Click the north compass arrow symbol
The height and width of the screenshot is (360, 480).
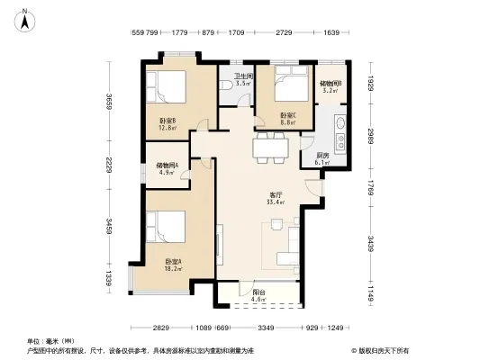click(x=27, y=15)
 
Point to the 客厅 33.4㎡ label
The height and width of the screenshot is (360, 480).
click(x=276, y=198)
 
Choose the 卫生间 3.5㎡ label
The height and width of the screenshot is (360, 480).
click(x=243, y=79)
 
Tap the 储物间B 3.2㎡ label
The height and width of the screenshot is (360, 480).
click(x=328, y=86)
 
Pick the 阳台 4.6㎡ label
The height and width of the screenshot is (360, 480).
click(x=258, y=295)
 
